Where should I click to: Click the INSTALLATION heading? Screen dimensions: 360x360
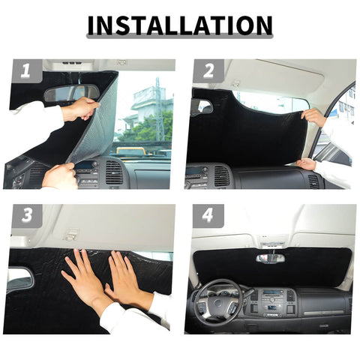click(179, 25)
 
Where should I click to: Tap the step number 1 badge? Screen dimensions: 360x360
click(26, 71)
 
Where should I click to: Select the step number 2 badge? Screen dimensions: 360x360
click(208, 71)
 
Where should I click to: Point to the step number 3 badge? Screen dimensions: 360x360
click(26, 216)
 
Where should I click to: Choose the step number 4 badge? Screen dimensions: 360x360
click(208, 216)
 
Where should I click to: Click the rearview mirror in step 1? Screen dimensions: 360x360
click(72, 92)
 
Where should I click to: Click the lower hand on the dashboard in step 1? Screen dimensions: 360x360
click(60, 176)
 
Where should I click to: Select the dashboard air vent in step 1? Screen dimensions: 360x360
click(113, 172)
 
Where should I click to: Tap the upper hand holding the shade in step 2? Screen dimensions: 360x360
click(315, 117)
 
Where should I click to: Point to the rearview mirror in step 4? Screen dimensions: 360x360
click(270, 258)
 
